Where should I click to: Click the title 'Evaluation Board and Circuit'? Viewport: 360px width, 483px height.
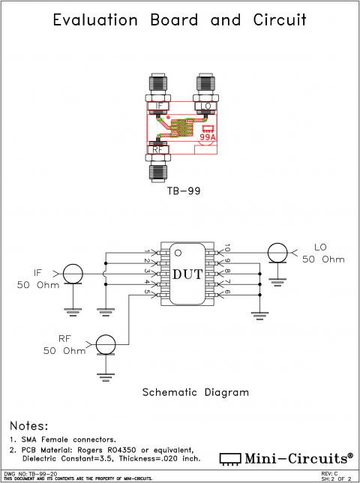[x=179, y=19]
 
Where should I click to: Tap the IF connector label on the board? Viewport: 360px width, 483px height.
[x=159, y=106]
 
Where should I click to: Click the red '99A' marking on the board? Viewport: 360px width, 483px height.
[x=208, y=137]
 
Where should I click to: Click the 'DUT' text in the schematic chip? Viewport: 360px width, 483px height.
[x=187, y=274]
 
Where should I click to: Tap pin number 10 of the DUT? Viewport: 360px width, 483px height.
[x=227, y=247]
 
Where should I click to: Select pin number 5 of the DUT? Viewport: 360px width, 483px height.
[x=147, y=292]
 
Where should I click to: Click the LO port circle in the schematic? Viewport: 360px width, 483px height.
[x=277, y=253]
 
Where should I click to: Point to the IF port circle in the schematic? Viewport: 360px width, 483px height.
[x=73, y=274]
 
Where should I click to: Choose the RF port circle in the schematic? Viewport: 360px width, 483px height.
[x=106, y=344]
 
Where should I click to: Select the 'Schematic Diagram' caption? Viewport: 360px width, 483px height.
[x=195, y=392]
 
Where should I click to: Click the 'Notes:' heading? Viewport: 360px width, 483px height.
[x=28, y=425]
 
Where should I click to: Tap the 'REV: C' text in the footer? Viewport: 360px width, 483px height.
[x=329, y=473]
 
